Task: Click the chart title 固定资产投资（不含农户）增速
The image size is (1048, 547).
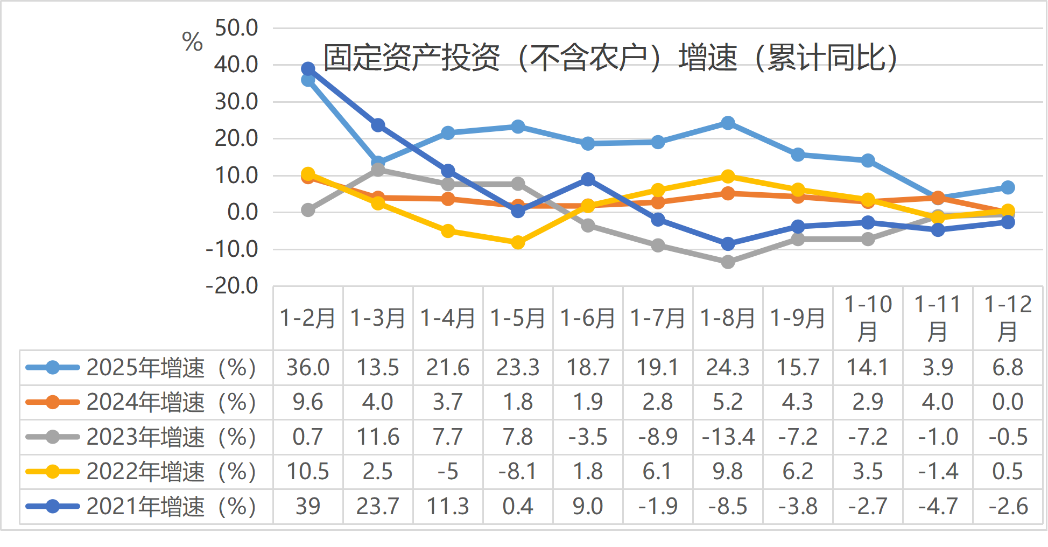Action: pyautogui.click(x=610, y=58)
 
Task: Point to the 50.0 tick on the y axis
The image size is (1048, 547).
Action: pyautogui.click(x=236, y=28)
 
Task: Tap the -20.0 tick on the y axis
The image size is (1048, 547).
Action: pyautogui.click(x=232, y=286)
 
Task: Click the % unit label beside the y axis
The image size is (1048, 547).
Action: pyautogui.click(x=192, y=41)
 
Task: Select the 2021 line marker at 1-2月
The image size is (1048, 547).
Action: pyautogui.click(x=308, y=69)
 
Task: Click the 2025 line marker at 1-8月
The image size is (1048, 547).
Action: pyautogui.click(x=728, y=123)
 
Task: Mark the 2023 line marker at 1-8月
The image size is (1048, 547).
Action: pyautogui.click(x=728, y=262)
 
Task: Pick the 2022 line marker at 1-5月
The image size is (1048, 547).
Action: pyautogui.click(x=518, y=242)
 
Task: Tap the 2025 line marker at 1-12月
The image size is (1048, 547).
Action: pyautogui.click(x=1008, y=187)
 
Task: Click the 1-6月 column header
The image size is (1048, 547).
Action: pyautogui.click(x=588, y=318)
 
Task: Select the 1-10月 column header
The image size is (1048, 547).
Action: pyautogui.click(x=868, y=318)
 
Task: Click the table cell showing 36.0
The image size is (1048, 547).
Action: pyautogui.click(x=308, y=368)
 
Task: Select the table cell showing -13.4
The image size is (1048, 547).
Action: pyautogui.click(x=728, y=437)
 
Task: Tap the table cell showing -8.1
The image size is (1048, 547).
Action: pyautogui.click(x=518, y=472)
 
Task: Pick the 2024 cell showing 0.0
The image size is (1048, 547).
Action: pyautogui.click(x=1008, y=402)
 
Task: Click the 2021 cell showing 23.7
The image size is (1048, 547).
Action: pyautogui.click(x=378, y=506)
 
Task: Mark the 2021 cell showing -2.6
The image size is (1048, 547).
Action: pyautogui.click(x=1008, y=506)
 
